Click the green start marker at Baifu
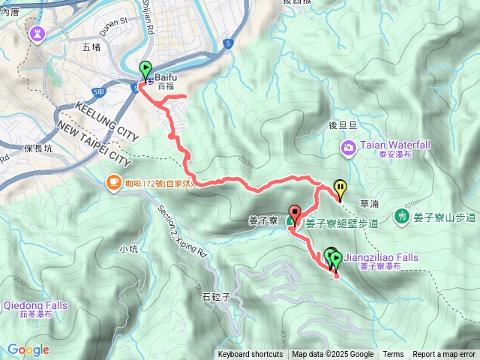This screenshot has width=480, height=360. click(145, 70)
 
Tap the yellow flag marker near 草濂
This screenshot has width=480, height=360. click(340, 187)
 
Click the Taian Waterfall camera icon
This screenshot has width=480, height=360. click(349, 147)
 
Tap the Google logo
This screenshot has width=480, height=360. click(28, 349)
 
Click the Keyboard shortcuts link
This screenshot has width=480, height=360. click(250, 355)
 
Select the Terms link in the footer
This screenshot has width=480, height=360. click(393, 355)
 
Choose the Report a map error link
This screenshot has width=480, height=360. click(443, 355)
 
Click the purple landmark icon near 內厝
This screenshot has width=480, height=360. click(37, 33)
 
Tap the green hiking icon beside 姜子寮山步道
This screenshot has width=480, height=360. click(403, 217)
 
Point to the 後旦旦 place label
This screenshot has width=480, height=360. click(342, 126)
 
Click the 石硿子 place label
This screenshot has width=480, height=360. click(214, 296)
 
